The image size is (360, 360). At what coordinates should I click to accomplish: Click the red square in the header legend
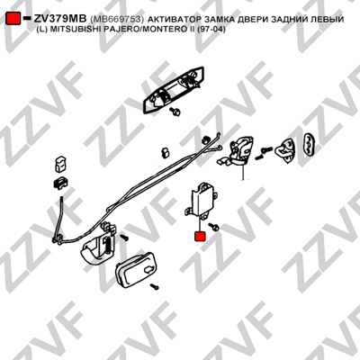[13, 18]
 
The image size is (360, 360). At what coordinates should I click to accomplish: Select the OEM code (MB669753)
[117, 19]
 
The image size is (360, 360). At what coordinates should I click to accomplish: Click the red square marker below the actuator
[200, 237]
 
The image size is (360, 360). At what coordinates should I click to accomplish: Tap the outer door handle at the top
[174, 90]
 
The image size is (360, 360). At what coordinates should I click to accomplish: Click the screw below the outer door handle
[175, 112]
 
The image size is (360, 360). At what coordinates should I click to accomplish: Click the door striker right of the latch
[285, 149]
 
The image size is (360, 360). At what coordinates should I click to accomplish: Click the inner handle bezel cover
[136, 269]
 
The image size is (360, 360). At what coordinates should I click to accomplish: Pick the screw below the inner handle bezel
[155, 287]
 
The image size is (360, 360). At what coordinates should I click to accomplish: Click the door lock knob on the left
[60, 164]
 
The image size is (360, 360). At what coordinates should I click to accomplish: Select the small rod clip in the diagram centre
[166, 152]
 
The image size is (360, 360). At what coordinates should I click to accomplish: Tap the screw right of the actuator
[214, 227]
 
